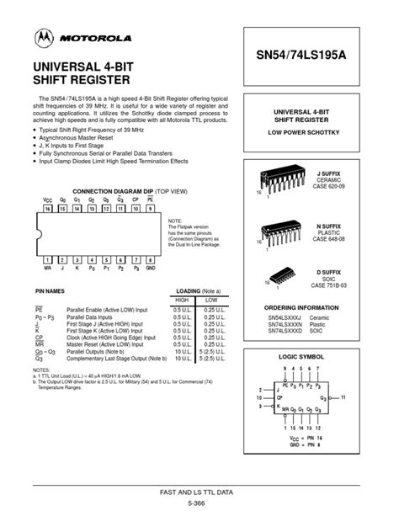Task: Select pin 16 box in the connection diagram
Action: [x=48, y=207]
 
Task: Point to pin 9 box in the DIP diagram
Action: [x=150, y=207]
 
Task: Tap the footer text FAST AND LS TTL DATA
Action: [x=199, y=491]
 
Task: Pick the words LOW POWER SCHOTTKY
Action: [x=313, y=134]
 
